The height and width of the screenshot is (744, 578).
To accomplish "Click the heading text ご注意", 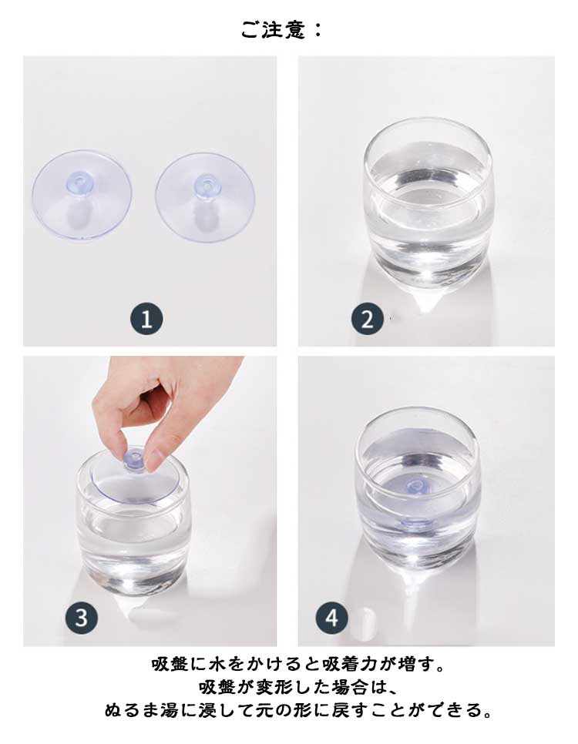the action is [x=273, y=29].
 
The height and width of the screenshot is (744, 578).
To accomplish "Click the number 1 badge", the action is [x=146, y=319].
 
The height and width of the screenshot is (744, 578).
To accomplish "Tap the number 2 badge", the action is [x=367, y=319].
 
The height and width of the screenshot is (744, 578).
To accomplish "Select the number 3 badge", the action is [x=81, y=618].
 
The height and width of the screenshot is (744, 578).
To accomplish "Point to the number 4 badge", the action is [x=331, y=618].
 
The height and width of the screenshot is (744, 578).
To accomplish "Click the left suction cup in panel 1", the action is [x=82, y=195].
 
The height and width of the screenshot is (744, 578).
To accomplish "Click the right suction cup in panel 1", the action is [x=205, y=196].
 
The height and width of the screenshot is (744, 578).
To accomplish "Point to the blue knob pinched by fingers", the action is [x=134, y=461].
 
